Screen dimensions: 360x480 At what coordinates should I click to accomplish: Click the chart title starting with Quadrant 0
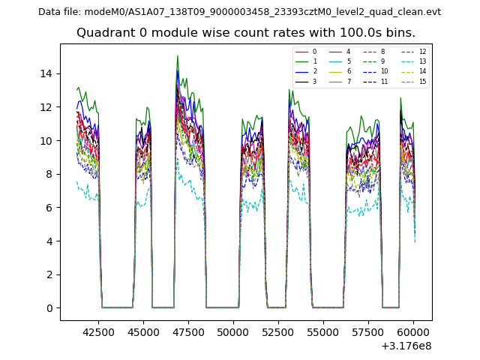[x=245, y=33]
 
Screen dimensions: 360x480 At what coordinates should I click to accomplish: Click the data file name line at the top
[x=239, y=12]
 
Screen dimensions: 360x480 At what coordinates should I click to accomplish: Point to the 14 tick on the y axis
[x=46, y=73]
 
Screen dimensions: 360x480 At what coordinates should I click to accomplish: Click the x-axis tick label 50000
[x=233, y=331]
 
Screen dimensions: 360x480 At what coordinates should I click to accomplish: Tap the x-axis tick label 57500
[x=368, y=331]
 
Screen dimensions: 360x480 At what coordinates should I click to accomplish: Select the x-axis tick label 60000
[x=413, y=331]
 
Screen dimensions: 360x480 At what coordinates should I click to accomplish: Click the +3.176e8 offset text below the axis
[x=405, y=346]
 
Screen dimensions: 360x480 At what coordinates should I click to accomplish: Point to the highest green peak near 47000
[x=178, y=56]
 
